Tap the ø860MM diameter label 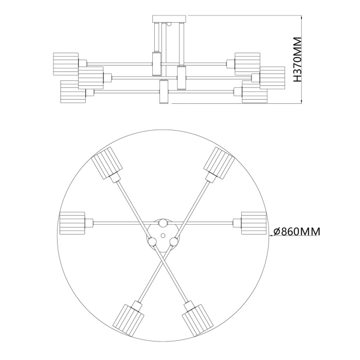click(x=296, y=232)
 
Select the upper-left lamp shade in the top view click(x=106, y=164)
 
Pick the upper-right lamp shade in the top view click(x=219, y=164)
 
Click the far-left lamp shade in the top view click(x=71, y=223)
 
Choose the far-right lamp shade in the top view click(x=254, y=223)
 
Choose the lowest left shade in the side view click(x=73, y=91)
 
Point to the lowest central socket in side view click(x=164, y=93)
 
